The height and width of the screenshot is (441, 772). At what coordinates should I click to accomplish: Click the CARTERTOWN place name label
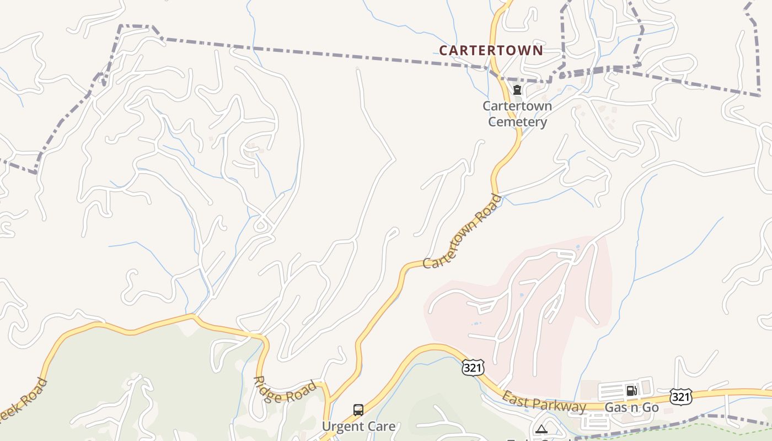tap(491, 51)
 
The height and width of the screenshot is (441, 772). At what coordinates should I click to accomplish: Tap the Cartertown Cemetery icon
tap(517, 90)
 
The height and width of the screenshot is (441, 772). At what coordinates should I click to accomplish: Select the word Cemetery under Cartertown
tap(517, 122)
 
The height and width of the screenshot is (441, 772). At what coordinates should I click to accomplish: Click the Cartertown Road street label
tap(462, 232)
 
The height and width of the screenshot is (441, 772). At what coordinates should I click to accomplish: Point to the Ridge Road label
tap(285, 390)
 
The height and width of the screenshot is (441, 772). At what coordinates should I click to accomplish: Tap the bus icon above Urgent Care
tap(358, 410)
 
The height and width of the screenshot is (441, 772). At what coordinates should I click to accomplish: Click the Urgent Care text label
tap(358, 427)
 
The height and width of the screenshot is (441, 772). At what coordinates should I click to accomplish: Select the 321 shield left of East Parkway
tap(473, 368)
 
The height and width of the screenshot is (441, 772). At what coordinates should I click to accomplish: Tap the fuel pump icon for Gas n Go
tap(631, 391)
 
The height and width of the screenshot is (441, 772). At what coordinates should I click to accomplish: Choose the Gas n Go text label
tap(632, 408)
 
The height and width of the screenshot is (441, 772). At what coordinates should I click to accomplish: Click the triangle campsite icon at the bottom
tap(542, 429)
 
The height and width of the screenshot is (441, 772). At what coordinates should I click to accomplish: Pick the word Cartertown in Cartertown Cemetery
tap(517, 106)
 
